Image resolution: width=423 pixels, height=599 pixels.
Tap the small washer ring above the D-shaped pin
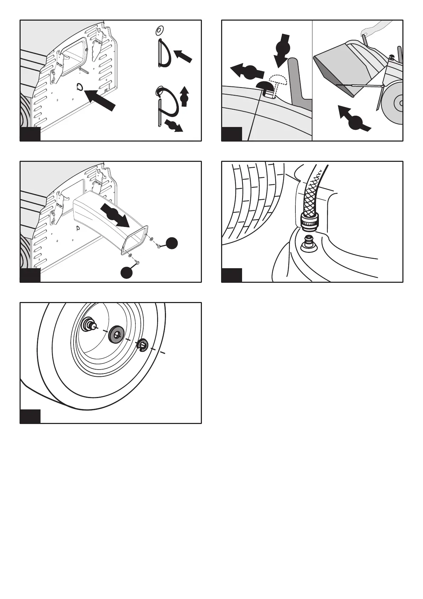(159, 31)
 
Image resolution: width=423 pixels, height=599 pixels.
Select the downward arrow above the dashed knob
(283, 49)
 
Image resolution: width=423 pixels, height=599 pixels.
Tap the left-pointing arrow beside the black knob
(247, 72)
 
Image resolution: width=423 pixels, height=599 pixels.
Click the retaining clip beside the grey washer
(143, 345)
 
